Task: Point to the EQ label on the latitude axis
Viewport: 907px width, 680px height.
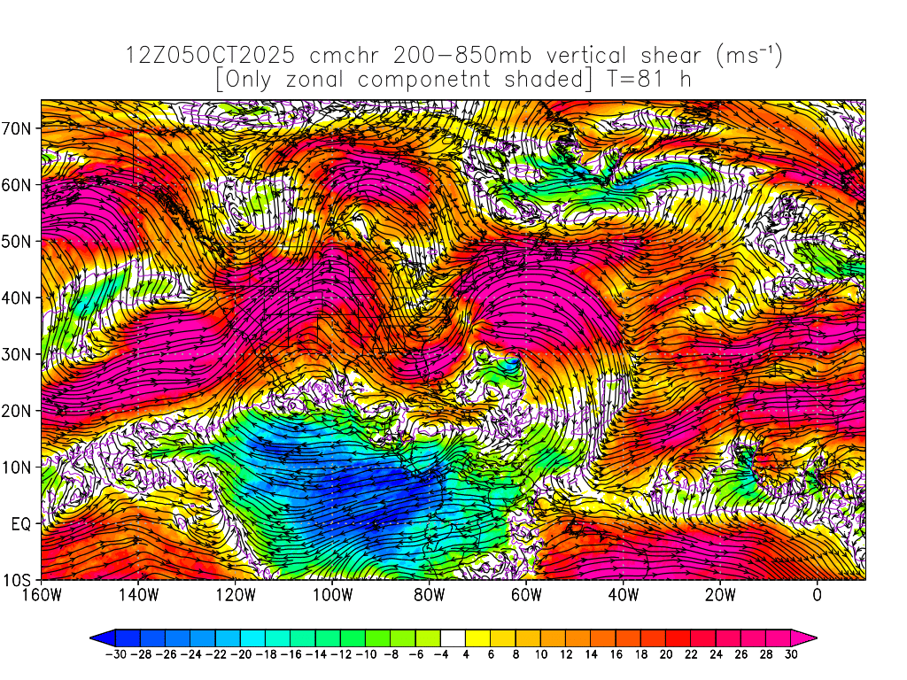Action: pos(21,524)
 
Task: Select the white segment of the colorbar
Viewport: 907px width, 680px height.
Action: pos(453,637)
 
